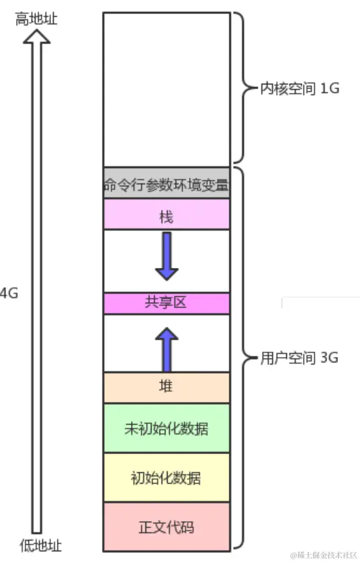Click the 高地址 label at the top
36,19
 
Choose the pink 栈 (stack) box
166,216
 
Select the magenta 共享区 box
166,303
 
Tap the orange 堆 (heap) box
166,388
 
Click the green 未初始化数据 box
166,428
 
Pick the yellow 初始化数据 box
166,478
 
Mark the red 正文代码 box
166,527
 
